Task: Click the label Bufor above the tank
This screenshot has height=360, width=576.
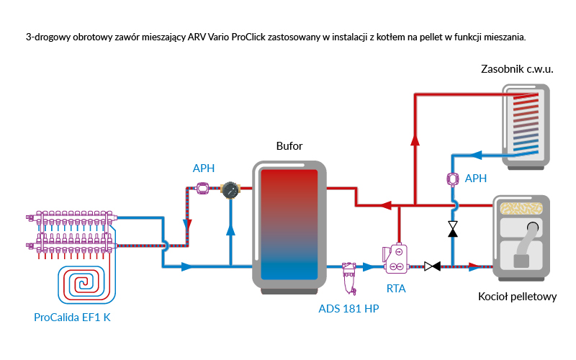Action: pos(289,146)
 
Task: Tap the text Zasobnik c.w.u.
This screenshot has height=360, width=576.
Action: pos(516,69)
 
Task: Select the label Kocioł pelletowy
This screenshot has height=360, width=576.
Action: pos(517,297)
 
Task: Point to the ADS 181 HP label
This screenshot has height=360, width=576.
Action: pos(348,309)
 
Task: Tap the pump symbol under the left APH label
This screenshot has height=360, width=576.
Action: pos(203,189)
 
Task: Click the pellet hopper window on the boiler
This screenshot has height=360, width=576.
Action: pos(522,210)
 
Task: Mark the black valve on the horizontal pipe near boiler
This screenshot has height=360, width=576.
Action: pos(433,266)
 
